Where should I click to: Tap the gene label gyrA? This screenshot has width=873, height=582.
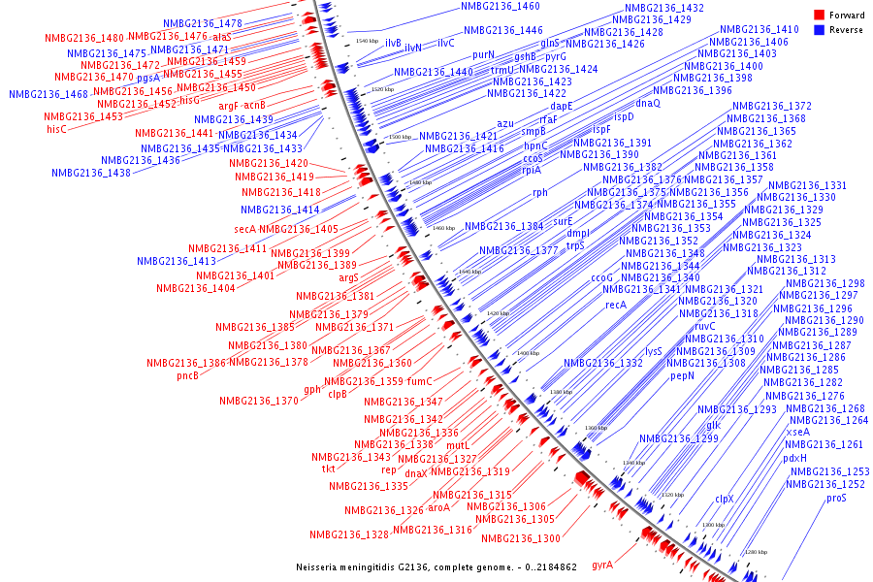tap(602, 566)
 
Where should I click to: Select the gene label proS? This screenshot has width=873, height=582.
tap(836, 498)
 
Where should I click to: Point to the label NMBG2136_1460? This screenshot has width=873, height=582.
tap(501, 6)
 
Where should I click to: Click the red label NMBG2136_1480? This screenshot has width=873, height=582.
tap(84, 38)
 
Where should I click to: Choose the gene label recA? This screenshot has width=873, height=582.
tap(617, 305)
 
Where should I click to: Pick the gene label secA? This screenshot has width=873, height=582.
tap(244, 229)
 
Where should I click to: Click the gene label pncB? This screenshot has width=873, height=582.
tap(187, 375)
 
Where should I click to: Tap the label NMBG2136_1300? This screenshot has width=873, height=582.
tap(521, 538)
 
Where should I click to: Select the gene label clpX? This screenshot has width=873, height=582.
tap(725, 499)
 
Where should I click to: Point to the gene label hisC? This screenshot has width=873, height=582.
tap(57, 129)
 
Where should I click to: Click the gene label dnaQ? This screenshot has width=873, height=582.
tap(648, 103)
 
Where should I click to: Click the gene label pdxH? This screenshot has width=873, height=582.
tap(794, 459)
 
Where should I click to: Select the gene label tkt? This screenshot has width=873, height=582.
tap(329, 469)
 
